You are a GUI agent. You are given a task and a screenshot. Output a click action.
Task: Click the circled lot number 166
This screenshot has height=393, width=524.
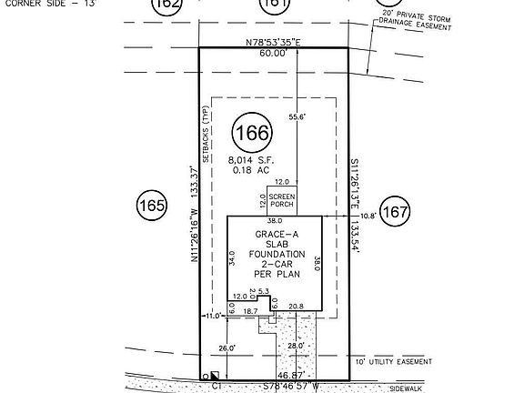pyautogui.click(x=252, y=133)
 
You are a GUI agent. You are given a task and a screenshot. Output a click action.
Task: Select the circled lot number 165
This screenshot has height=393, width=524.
pyautogui.click(x=150, y=206)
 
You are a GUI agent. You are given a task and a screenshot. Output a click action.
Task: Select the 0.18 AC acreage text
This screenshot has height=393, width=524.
pyautogui.click(x=248, y=170)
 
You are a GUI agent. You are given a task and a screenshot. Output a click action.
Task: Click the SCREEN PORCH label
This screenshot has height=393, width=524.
pyautogui.click(x=280, y=202)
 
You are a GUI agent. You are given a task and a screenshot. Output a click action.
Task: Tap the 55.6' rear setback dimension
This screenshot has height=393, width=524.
pyautogui.click(x=297, y=116)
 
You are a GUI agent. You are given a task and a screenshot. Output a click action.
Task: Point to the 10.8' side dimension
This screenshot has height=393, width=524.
pyautogui.click(x=366, y=216)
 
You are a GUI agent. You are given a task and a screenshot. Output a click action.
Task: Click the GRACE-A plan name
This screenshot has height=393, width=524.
pyautogui.click(x=273, y=233)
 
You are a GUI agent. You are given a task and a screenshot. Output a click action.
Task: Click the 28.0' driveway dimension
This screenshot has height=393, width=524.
pyautogui.click(x=293, y=347)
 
